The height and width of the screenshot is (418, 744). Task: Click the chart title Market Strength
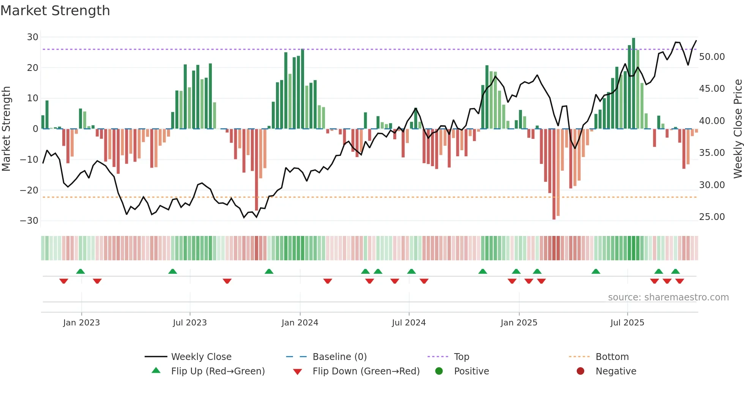point(55,11)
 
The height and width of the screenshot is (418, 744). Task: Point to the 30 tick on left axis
point(33,37)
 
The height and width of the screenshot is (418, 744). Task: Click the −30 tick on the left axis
point(29,221)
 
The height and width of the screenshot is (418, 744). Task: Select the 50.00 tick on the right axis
point(712,57)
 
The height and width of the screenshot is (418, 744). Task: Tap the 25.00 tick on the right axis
point(712,217)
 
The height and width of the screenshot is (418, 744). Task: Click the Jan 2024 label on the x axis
point(299,323)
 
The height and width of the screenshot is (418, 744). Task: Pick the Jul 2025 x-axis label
point(627,323)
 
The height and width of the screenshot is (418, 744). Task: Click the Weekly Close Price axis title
point(738,129)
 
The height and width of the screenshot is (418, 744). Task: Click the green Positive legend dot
point(439,371)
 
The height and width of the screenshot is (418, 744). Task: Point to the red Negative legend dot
point(580,371)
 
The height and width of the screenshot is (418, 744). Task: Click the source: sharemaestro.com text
point(668,297)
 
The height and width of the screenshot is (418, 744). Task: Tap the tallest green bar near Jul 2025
point(633,83)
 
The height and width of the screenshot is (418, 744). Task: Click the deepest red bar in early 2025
point(554,174)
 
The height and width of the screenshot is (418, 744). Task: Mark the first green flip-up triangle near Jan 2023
point(80,272)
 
